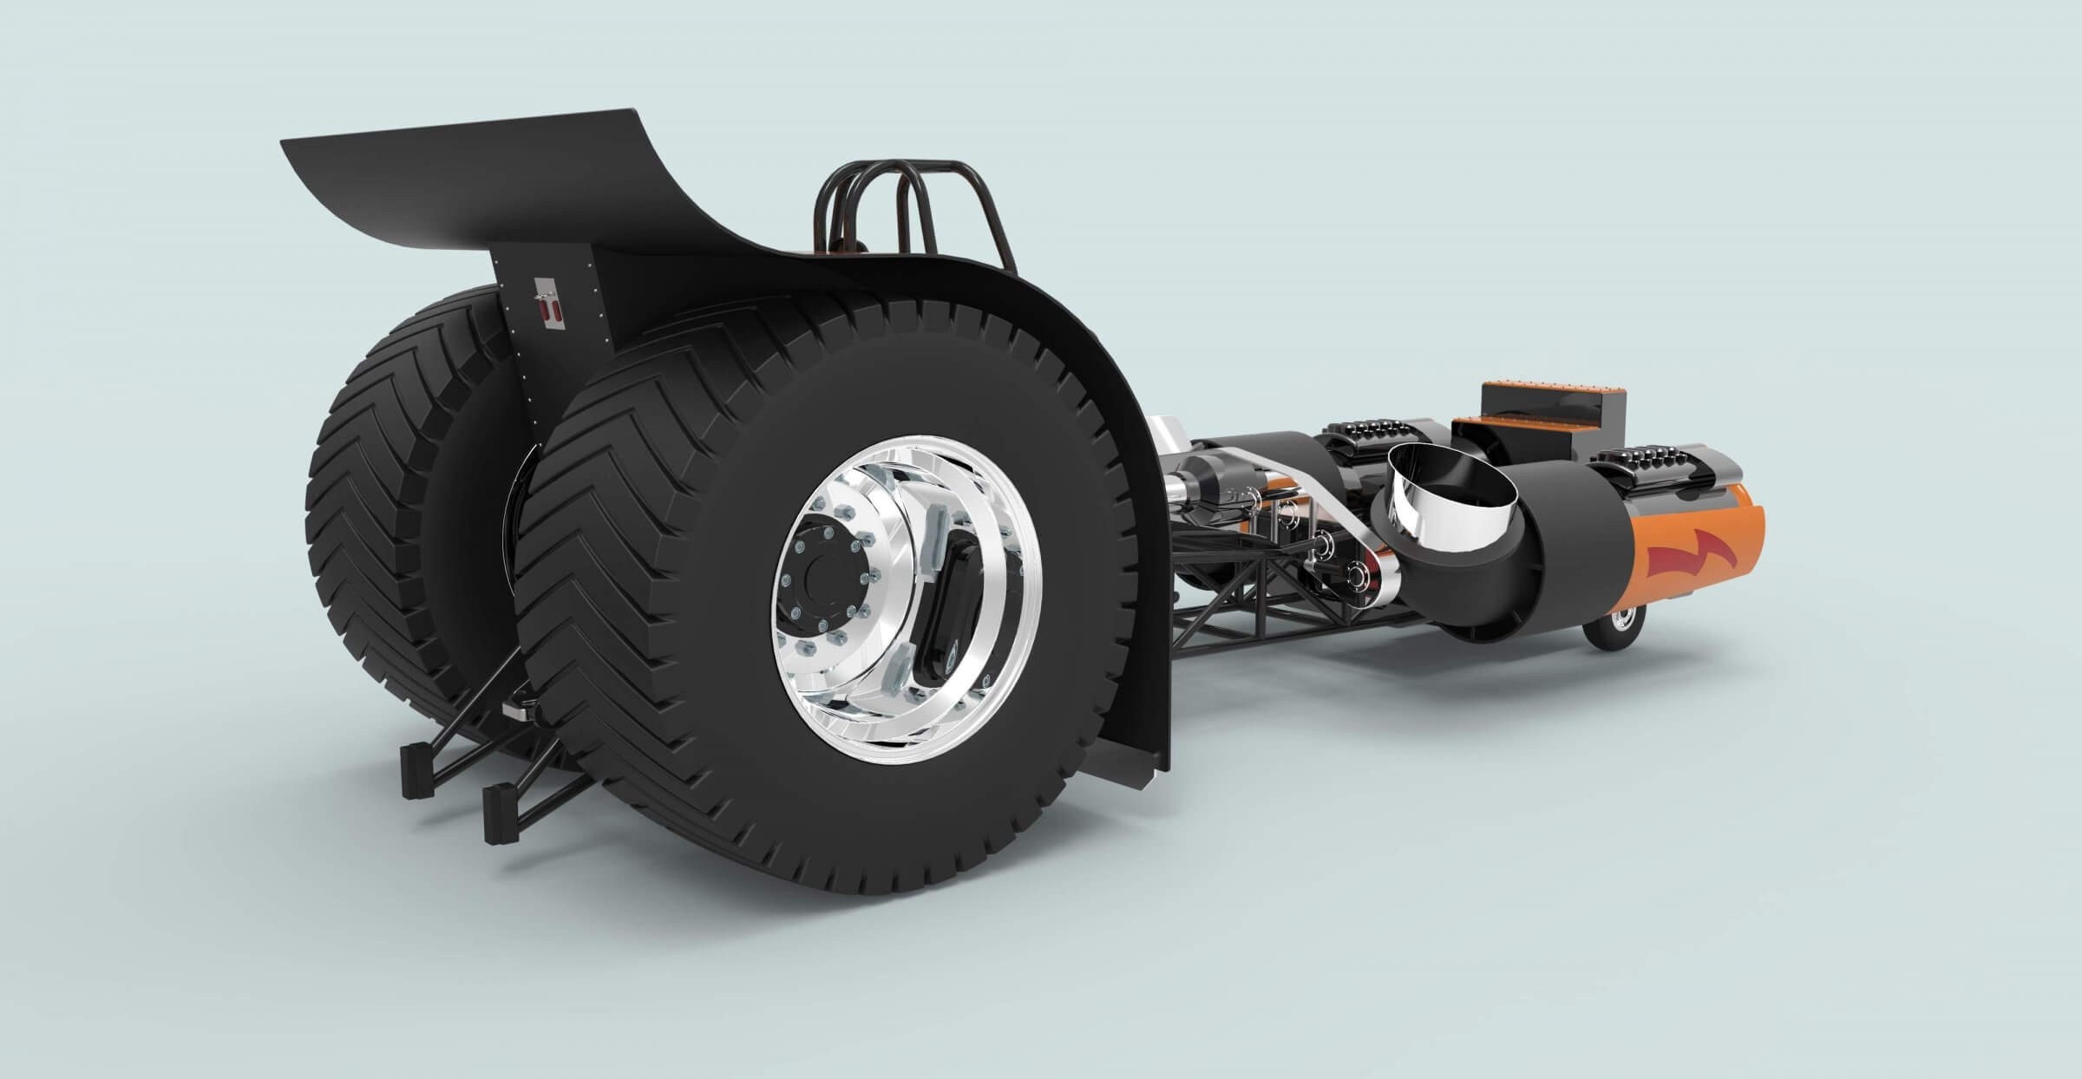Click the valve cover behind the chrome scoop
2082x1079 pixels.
[x=1362, y=434]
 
